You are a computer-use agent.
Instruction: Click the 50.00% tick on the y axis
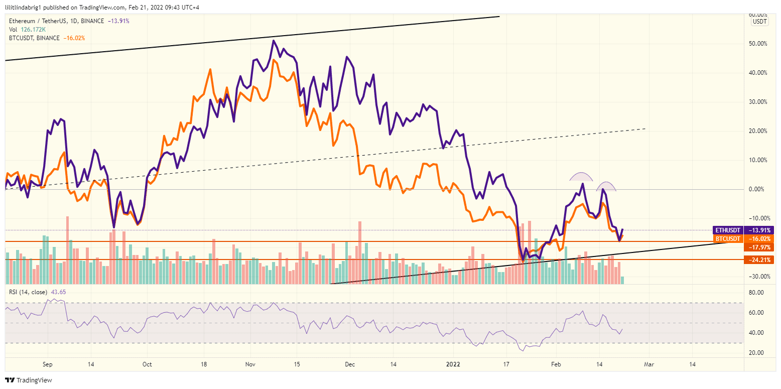[758, 44]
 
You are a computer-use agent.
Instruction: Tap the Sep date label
[47, 364]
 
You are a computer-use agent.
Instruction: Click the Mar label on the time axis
[648, 364]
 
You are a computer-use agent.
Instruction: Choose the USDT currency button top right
[760, 22]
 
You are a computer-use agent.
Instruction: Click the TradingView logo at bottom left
[29, 380]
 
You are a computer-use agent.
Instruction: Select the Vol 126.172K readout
[28, 30]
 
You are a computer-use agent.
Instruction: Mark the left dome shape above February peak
[581, 177]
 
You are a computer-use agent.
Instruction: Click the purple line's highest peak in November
[273, 41]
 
